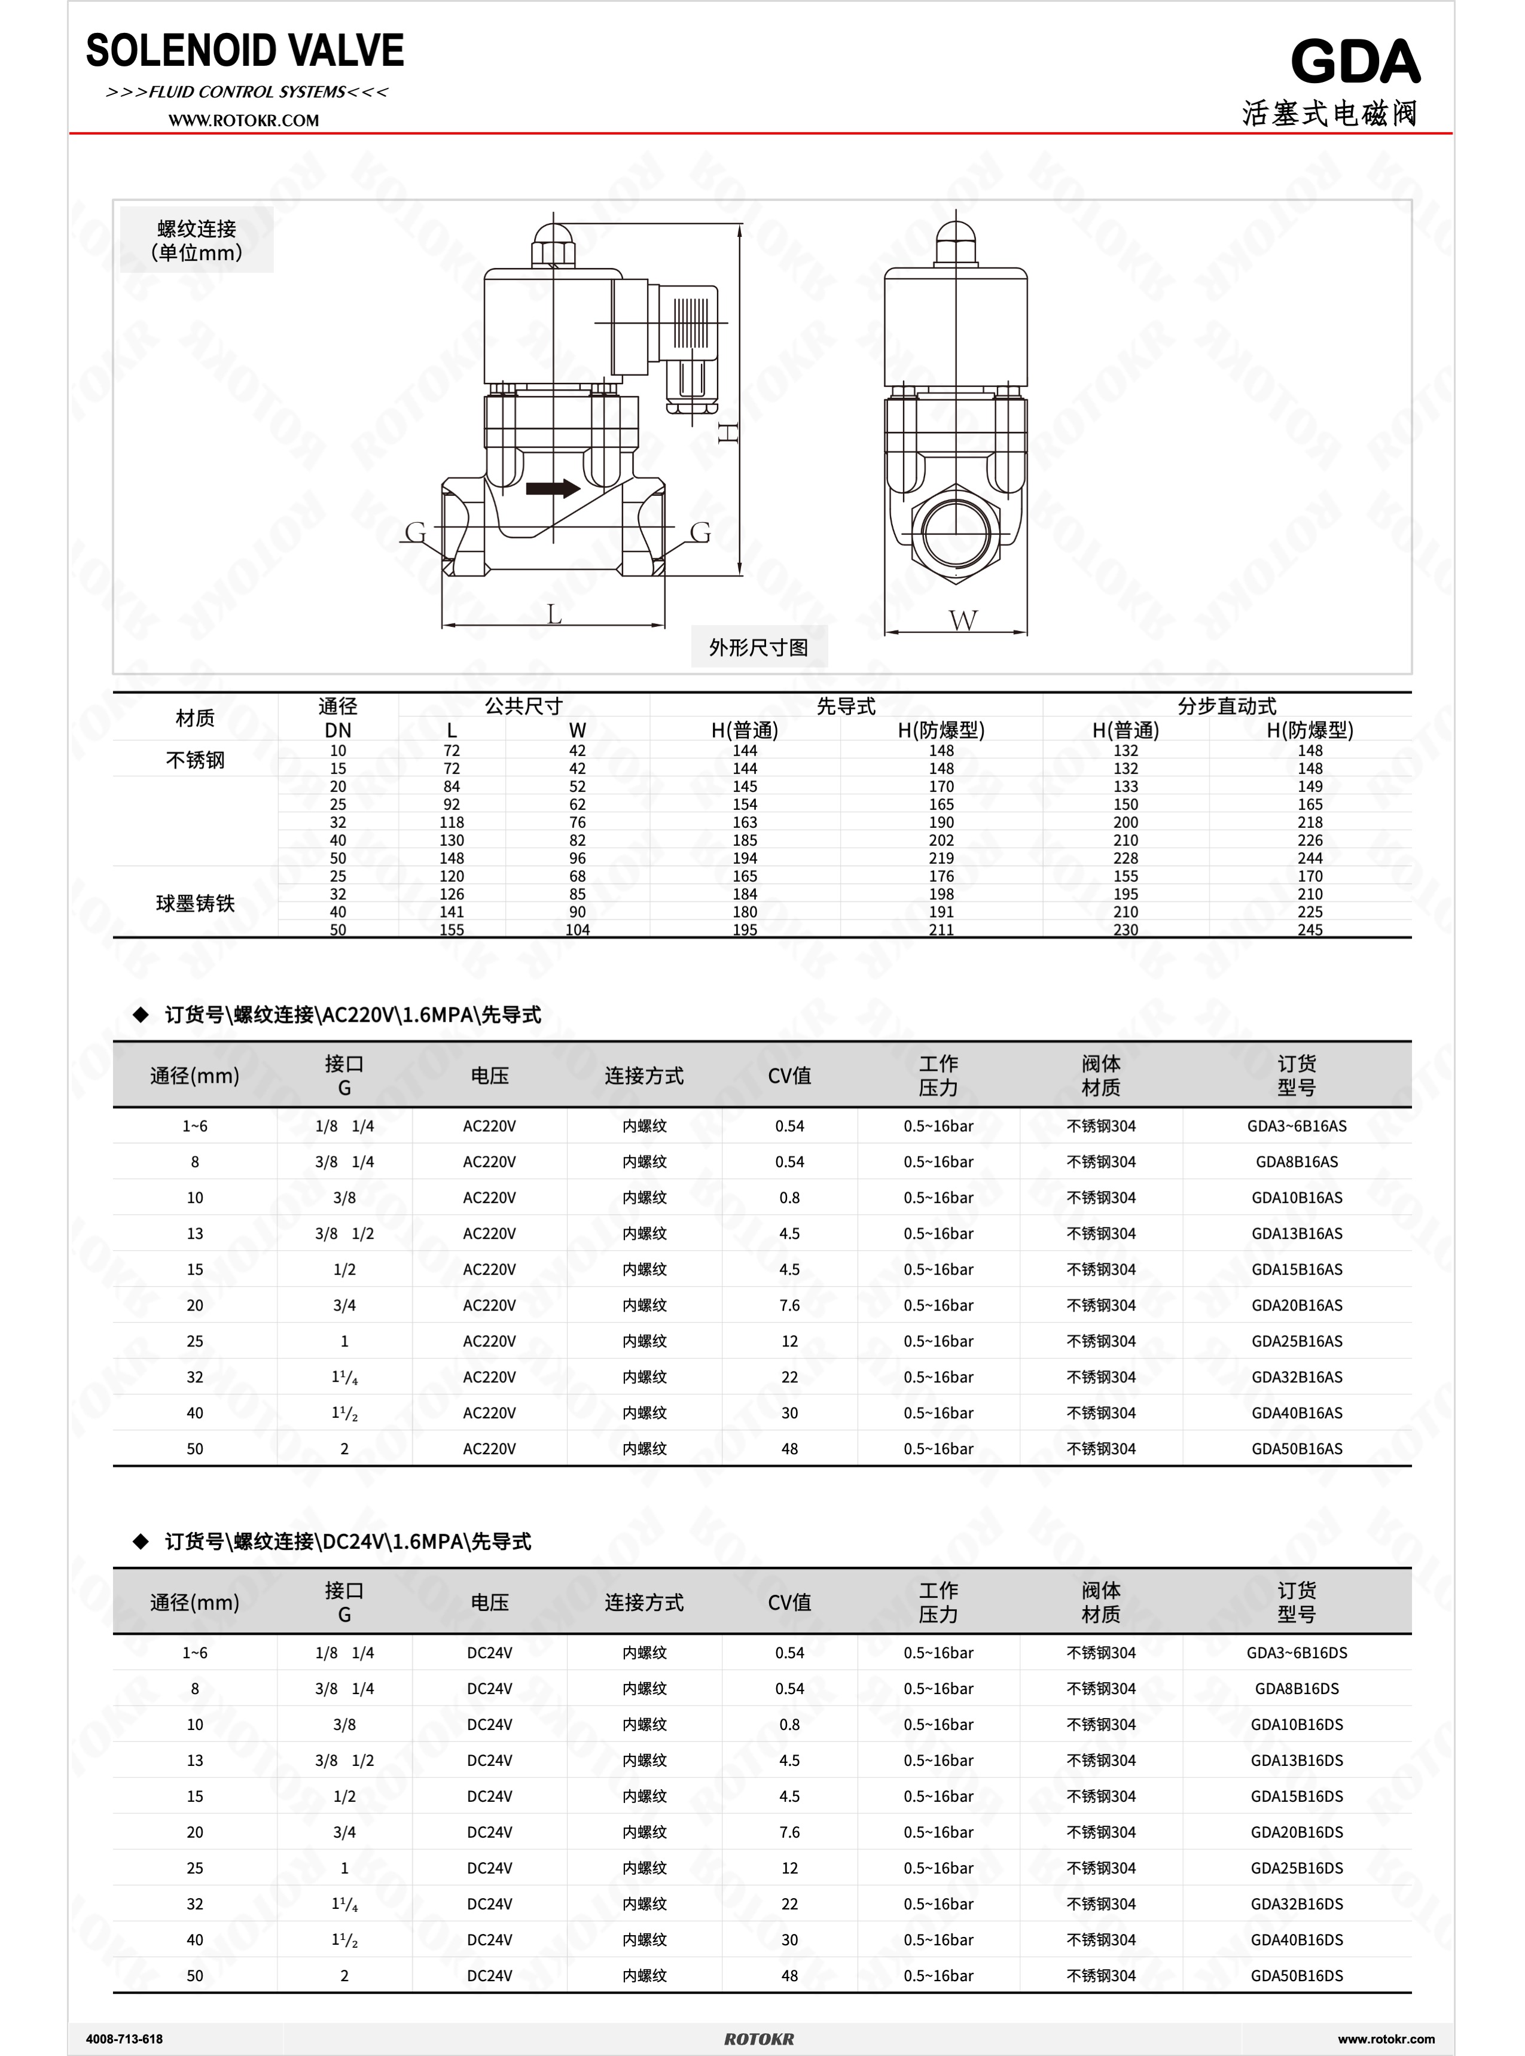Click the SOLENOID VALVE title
[x=245, y=51]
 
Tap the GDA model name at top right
[x=1354, y=63]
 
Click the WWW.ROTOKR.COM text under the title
[x=244, y=120]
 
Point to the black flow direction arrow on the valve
[x=552, y=488]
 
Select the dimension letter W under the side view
[x=962, y=620]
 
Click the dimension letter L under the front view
[x=554, y=614]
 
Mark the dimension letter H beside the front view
[x=728, y=432]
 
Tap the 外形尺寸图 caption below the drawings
[x=759, y=647]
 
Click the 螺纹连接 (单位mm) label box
[x=197, y=240]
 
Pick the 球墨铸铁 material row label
[x=195, y=903]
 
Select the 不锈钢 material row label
[x=195, y=760]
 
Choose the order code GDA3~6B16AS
[x=1296, y=1125]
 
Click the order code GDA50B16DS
[x=1296, y=1976]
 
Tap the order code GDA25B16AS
[x=1296, y=1341]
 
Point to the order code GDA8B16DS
[x=1296, y=1689]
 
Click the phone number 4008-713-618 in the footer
[x=124, y=2039]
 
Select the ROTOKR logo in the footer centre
[x=759, y=2039]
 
